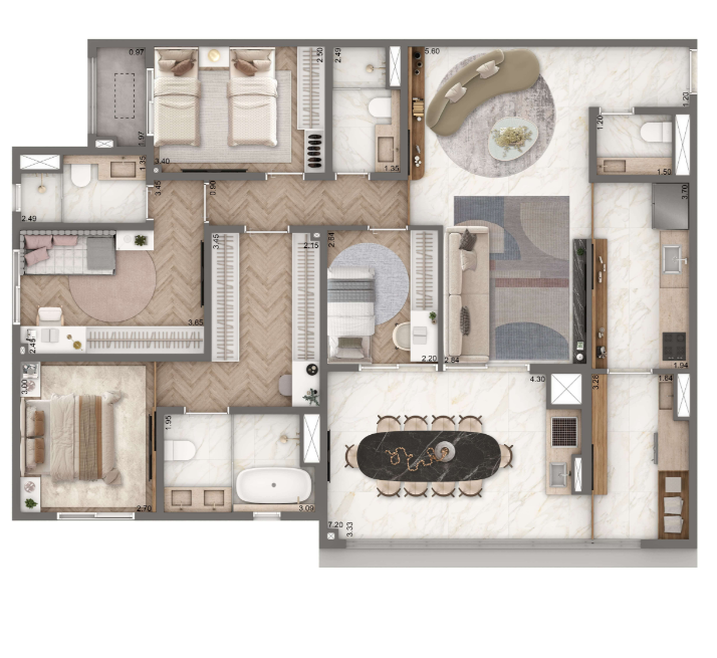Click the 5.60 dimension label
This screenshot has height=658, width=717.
tap(432, 51)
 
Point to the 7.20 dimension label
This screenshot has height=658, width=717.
tap(335, 525)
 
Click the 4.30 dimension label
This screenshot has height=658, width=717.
tap(537, 379)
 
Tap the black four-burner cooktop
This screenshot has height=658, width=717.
tap(674, 345)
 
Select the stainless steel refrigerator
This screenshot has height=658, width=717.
tap(669, 207)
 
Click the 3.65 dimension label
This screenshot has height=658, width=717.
tap(195, 322)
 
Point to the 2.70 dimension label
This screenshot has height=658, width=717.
tap(144, 508)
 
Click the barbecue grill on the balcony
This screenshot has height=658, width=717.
tap(564, 432)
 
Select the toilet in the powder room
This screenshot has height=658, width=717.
tap(656, 132)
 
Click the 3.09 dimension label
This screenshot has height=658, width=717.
tap(306, 508)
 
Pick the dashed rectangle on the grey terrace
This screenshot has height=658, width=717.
tap(124, 96)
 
